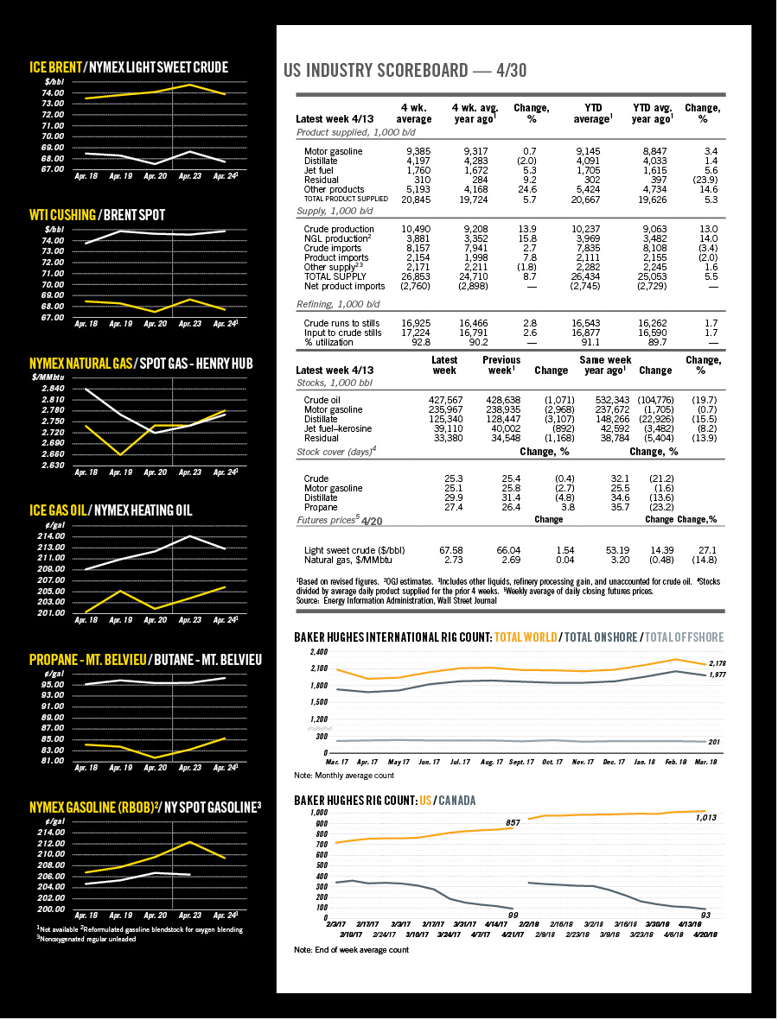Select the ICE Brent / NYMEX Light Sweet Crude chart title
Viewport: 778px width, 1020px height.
(129, 67)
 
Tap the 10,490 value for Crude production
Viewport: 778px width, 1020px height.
(418, 229)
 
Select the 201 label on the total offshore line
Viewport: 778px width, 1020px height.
(713, 743)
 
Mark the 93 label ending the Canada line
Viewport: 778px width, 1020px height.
(706, 914)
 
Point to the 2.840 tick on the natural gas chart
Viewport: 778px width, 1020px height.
(53, 389)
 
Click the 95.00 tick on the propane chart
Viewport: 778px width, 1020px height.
(53, 684)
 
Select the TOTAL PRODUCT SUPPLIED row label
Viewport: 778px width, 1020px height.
(342, 199)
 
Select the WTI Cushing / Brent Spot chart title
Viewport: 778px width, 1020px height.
(97, 214)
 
